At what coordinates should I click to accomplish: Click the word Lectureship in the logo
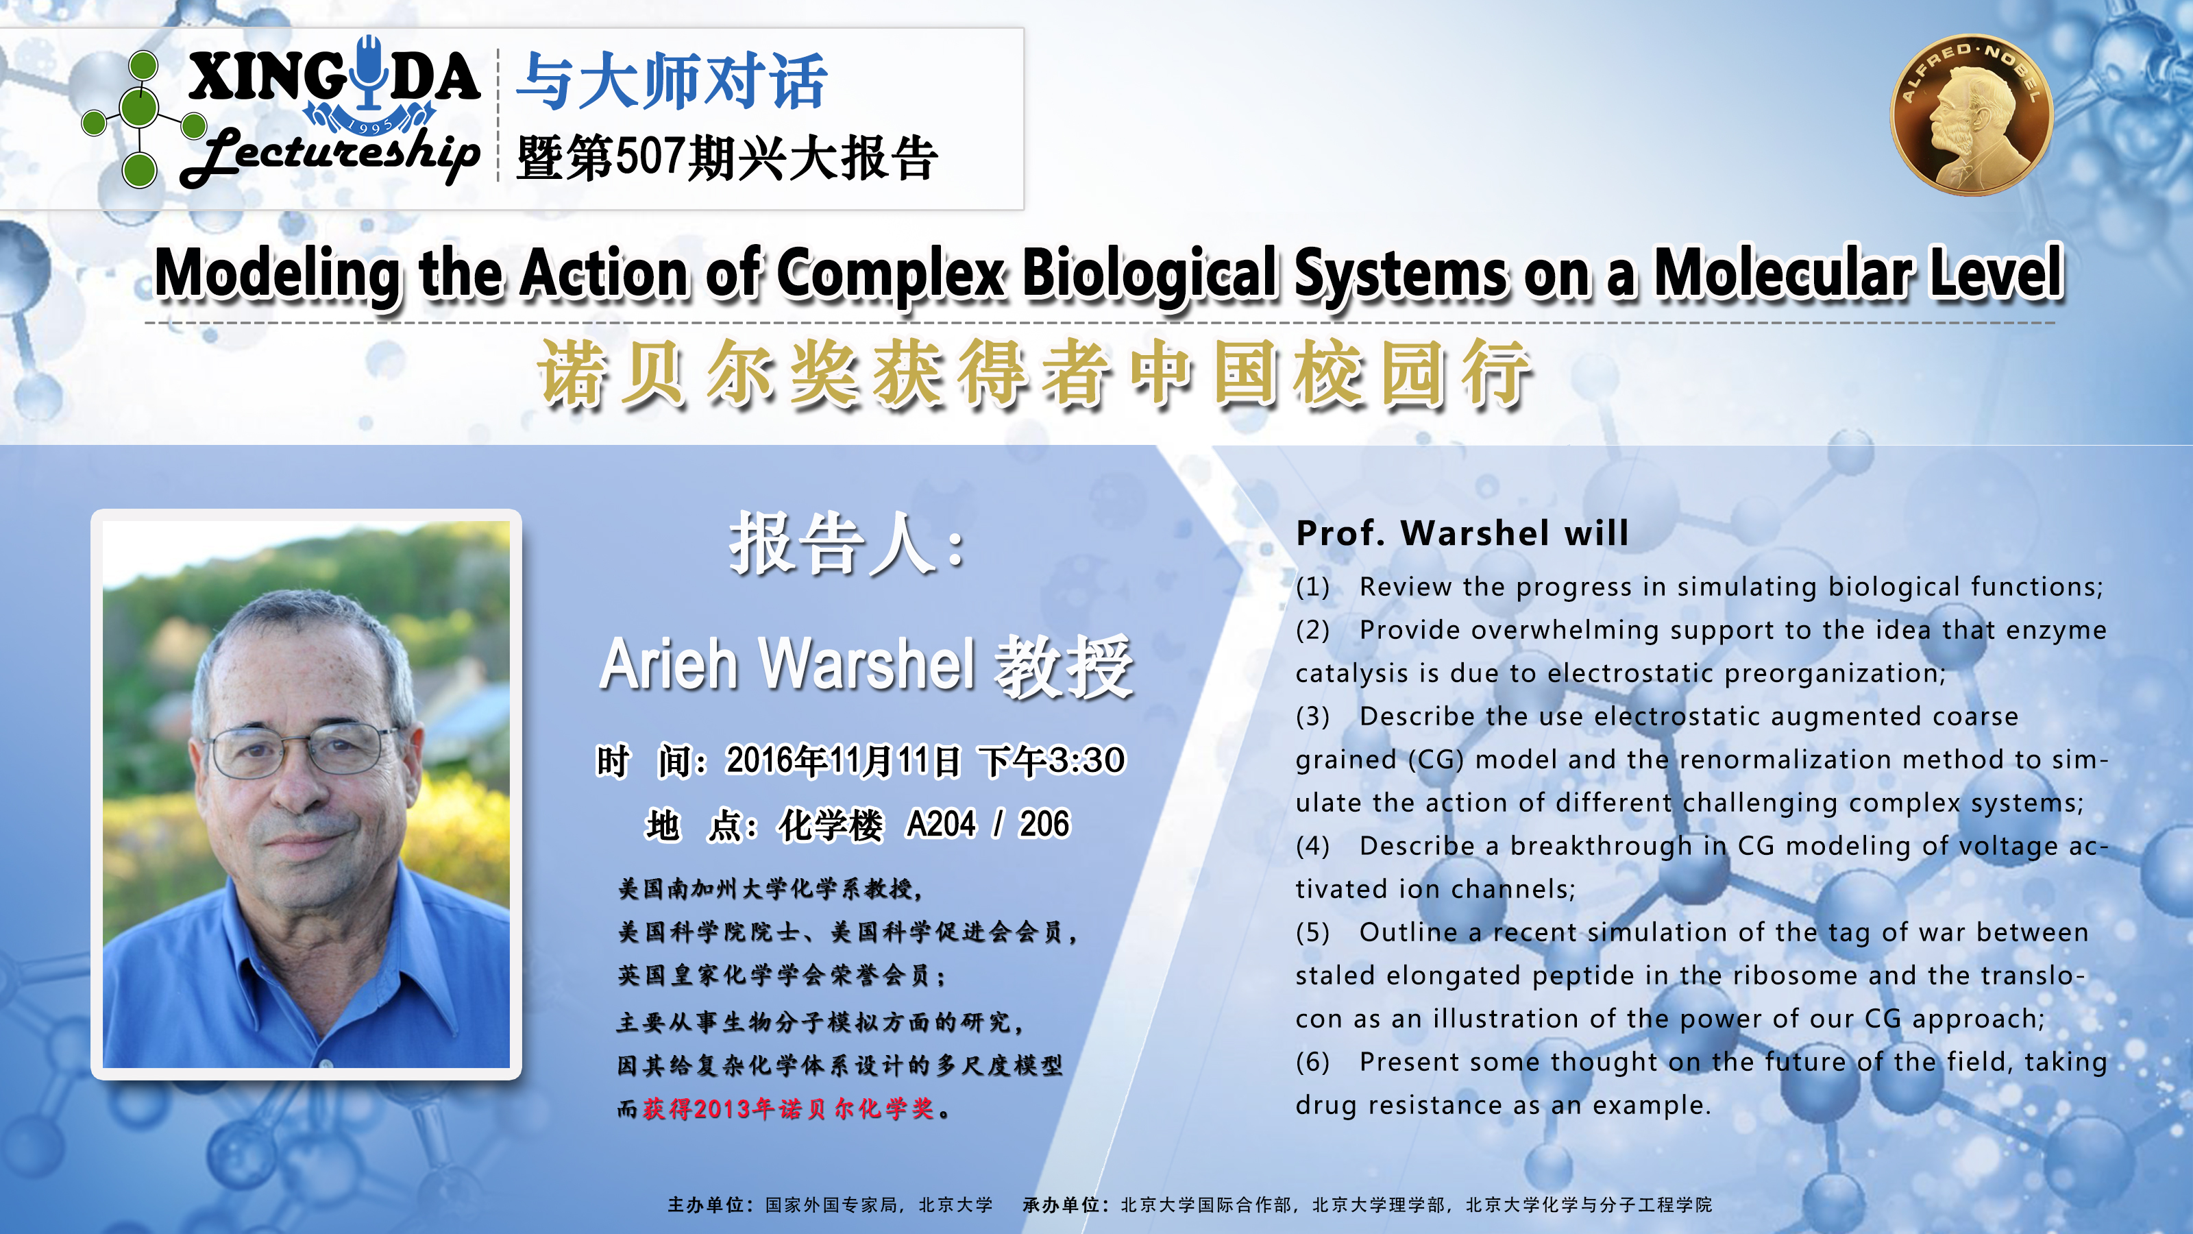[x=330, y=156]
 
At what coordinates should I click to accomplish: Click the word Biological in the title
[x=1149, y=274]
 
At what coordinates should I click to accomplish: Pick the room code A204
[x=941, y=824]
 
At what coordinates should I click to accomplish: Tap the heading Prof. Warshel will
[x=1462, y=533]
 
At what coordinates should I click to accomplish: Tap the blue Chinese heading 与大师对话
[x=672, y=81]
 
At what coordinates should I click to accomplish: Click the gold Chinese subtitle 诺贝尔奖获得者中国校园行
[x=1034, y=373]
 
